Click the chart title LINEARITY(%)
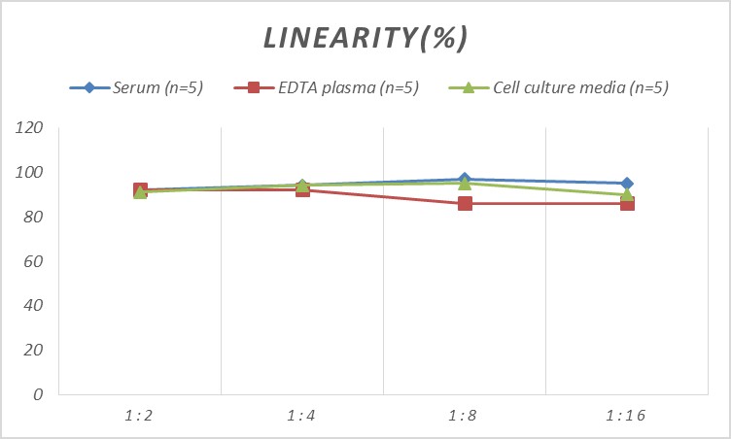pos(365,38)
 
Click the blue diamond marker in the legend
pos(89,87)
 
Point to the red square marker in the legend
pos(254,87)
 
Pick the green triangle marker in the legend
pos(467,87)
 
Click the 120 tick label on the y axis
pos(30,128)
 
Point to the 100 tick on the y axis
pos(30,173)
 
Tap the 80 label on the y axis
pos(34,218)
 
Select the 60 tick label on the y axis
pos(34,261)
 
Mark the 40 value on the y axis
pos(34,306)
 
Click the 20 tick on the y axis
pos(34,350)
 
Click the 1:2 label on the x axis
pos(140,416)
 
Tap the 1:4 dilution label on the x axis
pos(302,416)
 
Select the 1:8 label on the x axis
pos(465,416)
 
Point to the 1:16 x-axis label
pos(627,416)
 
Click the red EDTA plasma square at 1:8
pos(465,204)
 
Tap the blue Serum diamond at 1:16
pos(627,184)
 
